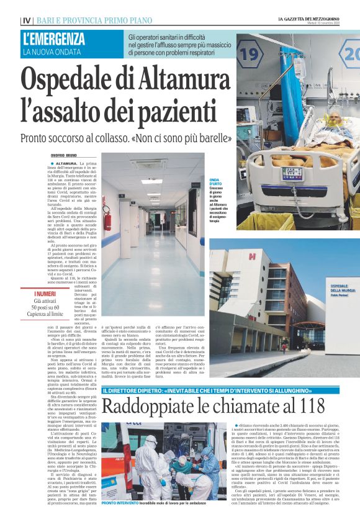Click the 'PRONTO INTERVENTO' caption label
(x=120, y=503)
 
